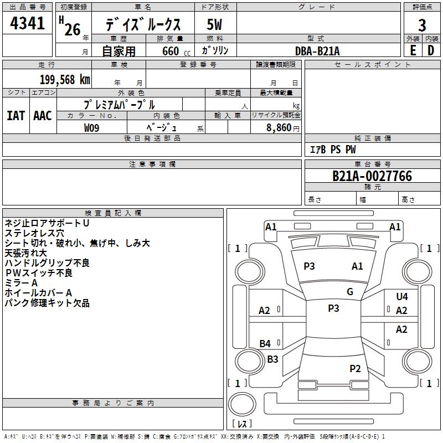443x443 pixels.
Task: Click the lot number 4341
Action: (27, 24)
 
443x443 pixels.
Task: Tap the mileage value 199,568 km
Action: (65, 80)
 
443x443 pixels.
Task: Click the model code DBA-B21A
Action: (317, 51)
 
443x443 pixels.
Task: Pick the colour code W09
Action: (92, 128)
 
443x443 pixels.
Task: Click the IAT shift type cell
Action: (16, 116)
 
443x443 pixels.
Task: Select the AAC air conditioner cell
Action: (43, 116)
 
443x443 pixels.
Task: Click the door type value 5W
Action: (214, 24)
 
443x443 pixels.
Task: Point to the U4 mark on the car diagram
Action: (402, 297)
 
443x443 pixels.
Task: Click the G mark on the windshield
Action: (350, 292)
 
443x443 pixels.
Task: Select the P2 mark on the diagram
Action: (356, 368)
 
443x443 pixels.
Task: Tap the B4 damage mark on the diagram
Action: (265, 344)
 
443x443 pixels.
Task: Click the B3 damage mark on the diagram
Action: (272, 359)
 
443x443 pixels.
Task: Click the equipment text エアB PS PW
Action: (332, 150)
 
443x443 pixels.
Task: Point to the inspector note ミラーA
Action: (21, 282)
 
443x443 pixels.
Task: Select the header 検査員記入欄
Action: (113, 213)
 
